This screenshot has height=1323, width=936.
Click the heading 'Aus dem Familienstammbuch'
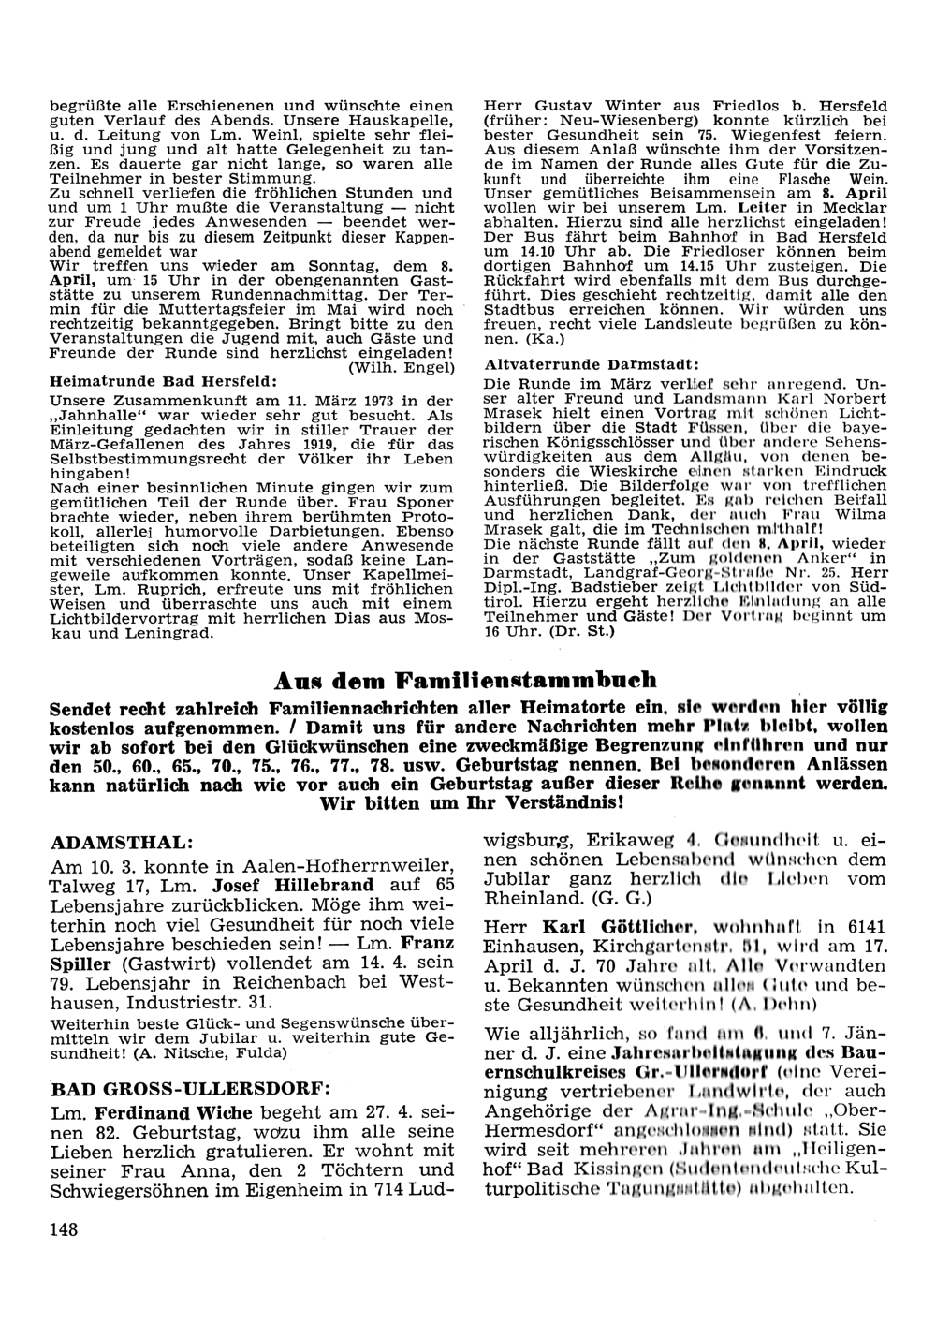[x=468, y=679]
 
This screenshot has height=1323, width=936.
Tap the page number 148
[x=64, y=1228]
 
